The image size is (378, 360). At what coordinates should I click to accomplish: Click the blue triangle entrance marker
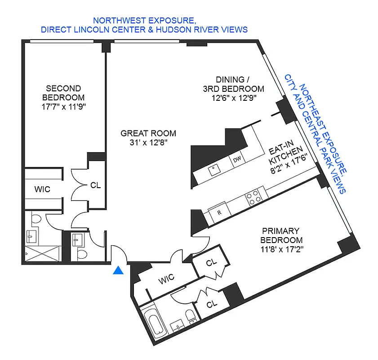tap(118, 270)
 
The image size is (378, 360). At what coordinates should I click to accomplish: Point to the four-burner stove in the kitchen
tap(253, 197)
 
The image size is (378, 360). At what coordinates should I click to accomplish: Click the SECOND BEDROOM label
tap(63, 93)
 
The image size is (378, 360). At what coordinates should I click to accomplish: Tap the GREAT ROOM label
tap(148, 133)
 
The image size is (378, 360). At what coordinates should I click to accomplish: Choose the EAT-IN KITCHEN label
tap(284, 155)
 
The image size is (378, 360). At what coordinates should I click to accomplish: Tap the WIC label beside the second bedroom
tap(42, 189)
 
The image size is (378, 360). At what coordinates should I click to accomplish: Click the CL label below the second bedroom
tap(96, 184)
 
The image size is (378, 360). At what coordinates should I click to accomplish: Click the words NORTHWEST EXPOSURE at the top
tap(144, 20)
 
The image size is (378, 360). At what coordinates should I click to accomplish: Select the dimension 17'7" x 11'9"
tap(63, 107)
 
